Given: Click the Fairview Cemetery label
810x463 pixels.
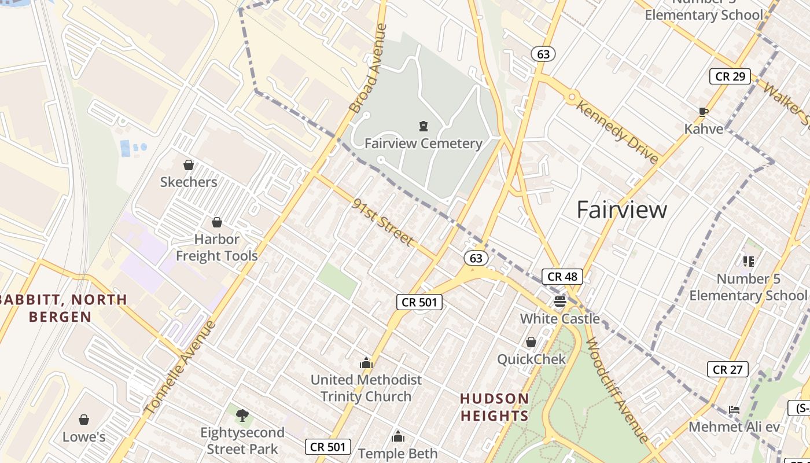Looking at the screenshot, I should [x=424, y=144].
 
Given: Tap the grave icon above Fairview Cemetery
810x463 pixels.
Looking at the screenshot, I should [x=424, y=126].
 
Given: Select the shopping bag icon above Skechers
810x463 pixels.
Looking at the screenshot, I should [x=188, y=165].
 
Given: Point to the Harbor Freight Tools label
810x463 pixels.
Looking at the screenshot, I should [x=217, y=247].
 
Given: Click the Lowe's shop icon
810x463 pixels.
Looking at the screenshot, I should [x=84, y=420].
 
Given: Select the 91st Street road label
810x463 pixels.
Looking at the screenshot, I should [x=383, y=222].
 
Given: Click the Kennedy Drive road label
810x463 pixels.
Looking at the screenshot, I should [x=617, y=132].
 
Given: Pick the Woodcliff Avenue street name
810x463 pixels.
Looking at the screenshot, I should [x=616, y=390].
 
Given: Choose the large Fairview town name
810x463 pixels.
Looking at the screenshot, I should [x=622, y=210].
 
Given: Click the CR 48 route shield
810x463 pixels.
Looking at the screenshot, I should [x=562, y=277].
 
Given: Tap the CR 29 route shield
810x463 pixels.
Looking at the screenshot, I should [x=730, y=76].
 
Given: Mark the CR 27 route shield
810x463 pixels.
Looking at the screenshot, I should [x=727, y=369].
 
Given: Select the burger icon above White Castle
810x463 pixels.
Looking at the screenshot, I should [x=559, y=301].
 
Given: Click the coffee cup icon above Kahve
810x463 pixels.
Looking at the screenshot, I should [x=704, y=112].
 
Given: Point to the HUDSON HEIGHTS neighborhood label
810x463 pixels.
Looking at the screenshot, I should [x=494, y=407].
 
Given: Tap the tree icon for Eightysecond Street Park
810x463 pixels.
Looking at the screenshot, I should [x=242, y=414].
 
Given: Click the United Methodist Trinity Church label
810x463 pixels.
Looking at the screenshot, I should [x=366, y=388].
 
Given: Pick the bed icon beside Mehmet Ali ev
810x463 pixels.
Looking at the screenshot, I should [x=734, y=410].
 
